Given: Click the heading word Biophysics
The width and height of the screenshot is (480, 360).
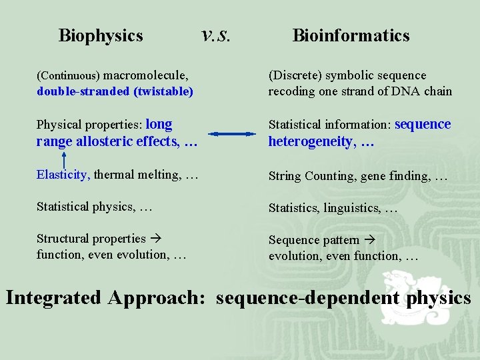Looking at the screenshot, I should (x=101, y=35).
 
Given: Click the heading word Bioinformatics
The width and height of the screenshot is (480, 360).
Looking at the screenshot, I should (x=351, y=35).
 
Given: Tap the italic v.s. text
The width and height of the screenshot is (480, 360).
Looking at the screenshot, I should (x=215, y=33).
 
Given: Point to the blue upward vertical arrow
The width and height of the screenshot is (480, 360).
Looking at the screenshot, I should (x=63, y=159).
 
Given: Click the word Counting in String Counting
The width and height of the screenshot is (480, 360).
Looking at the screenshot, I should (x=330, y=176).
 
